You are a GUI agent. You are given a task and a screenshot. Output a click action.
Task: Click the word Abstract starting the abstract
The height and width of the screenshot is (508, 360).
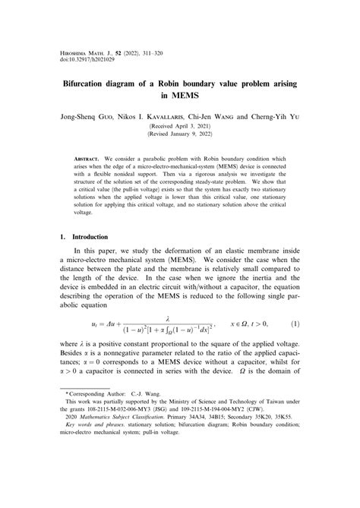[90, 159]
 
